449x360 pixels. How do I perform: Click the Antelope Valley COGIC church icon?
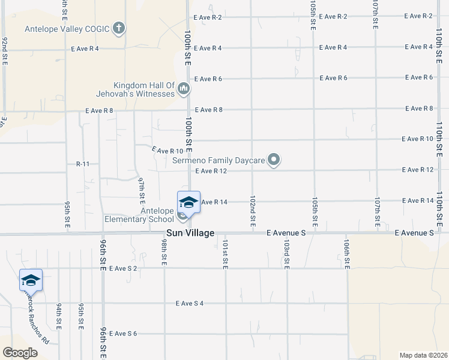point(119,28)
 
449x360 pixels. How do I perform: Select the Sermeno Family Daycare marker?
point(274,160)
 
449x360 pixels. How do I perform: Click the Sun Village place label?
point(190,233)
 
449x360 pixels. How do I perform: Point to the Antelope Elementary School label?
point(140,215)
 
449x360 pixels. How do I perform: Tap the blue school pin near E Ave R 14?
point(188,202)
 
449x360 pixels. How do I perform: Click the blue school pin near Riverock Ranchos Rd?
point(31,280)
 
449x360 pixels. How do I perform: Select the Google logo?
point(20,353)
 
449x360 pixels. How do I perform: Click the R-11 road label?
point(83,164)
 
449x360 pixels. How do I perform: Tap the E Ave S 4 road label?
point(190,303)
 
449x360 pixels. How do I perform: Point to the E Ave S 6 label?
point(123,333)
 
